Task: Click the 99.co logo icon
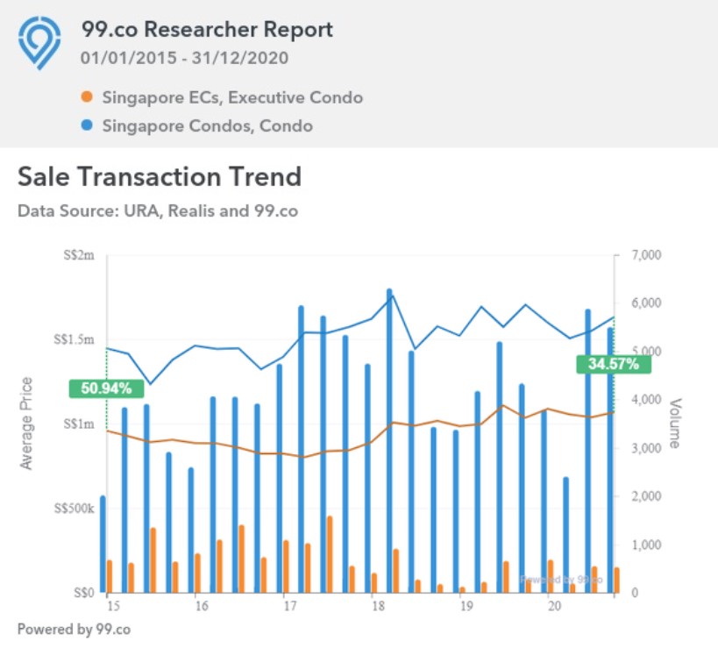(x=40, y=42)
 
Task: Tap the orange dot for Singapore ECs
(x=85, y=97)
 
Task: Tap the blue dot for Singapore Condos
(x=85, y=126)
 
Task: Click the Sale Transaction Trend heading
(x=160, y=176)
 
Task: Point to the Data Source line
(x=158, y=211)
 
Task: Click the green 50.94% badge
(x=105, y=388)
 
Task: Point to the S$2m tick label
(x=80, y=255)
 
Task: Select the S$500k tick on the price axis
(x=74, y=509)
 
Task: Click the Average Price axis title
(x=26, y=423)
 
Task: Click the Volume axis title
(x=674, y=423)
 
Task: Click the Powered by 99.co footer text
(x=74, y=629)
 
